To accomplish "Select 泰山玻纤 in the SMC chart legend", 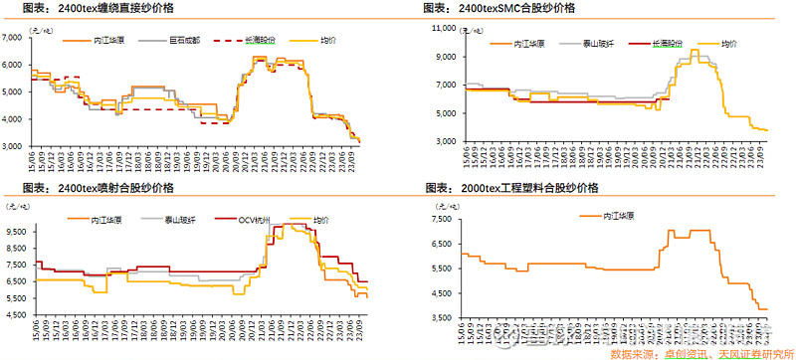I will [598, 46].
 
